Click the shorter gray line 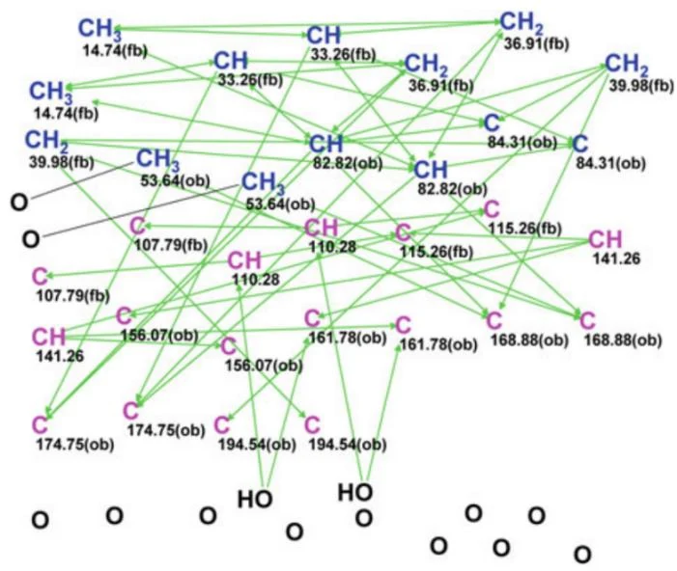pyautogui.click(x=82, y=180)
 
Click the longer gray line pyautogui.click(x=141, y=211)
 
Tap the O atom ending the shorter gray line pyautogui.click(x=19, y=203)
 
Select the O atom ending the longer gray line pyautogui.click(x=31, y=239)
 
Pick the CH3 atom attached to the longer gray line pyautogui.click(x=263, y=182)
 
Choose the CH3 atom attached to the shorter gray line pyautogui.click(x=157, y=159)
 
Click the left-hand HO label pyautogui.click(x=255, y=499)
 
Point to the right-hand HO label pyautogui.click(x=355, y=492)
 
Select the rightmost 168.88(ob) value pyautogui.click(x=623, y=340)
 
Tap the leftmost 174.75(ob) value pyautogui.click(x=75, y=445)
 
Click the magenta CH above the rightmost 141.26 pyautogui.click(x=606, y=239)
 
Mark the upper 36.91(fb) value pyautogui.click(x=536, y=43)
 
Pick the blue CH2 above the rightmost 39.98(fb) pyautogui.click(x=627, y=65)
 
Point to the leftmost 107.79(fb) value pyautogui.click(x=73, y=296)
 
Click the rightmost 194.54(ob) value pyautogui.click(x=348, y=445)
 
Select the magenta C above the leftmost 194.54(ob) pyautogui.click(x=222, y=424)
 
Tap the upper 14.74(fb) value pyautogui.click(x=115, y=51)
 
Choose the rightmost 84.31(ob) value pyautogui.click(x=611, y=163)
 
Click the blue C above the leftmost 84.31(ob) pyautogui.click(x=493, y=122)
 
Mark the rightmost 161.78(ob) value pyautogui.click(x=438, y=345)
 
